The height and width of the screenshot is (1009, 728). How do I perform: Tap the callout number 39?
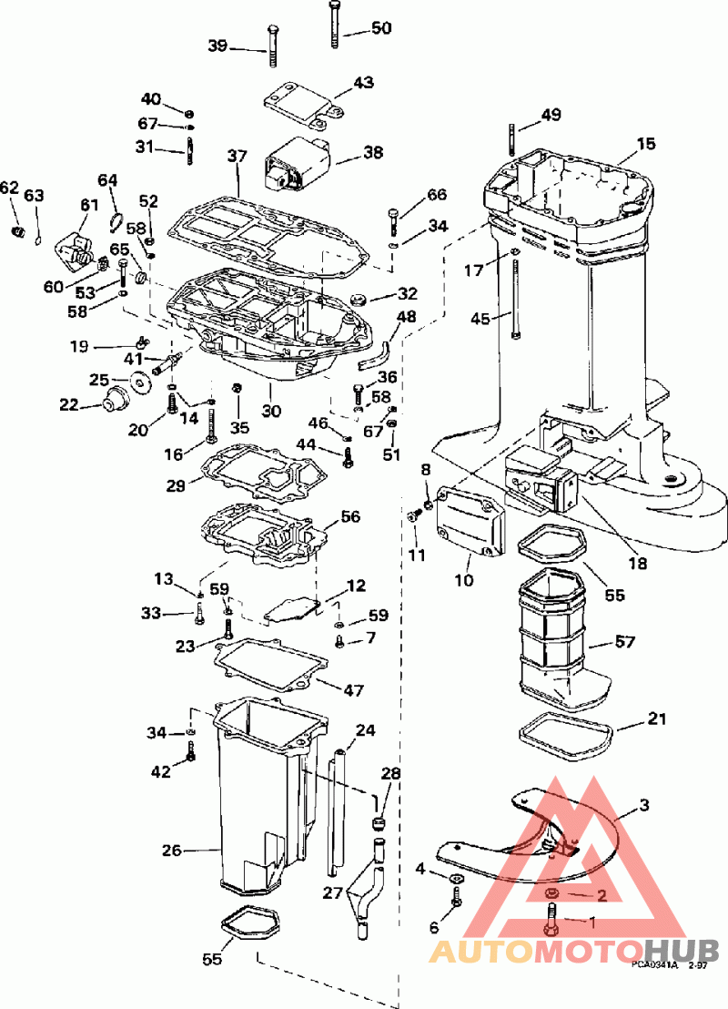[x=219, y=46]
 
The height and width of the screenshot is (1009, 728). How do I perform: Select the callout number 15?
[x=645, y=144]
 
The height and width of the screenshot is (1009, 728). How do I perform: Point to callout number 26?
[x=173, y=851]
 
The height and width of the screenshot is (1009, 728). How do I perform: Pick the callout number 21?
[x=656, y=719]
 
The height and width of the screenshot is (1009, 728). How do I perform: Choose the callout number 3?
[x=644, y=805]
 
